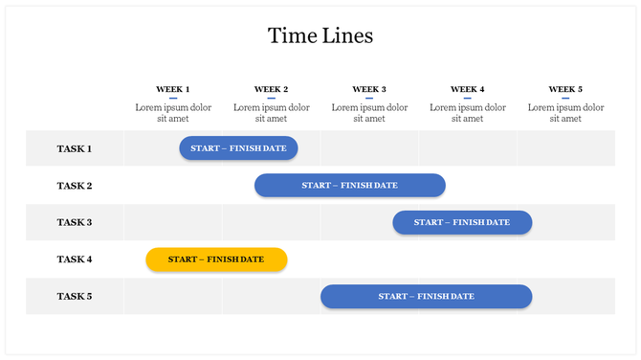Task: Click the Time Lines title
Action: point(320,36)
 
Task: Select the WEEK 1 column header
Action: point(173,89)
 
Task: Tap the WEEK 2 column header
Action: point(271,89)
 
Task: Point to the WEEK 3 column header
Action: point(369,89)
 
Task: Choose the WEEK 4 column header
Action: point(468,89)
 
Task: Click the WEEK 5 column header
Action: point(565,89)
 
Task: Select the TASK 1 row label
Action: point(75,148)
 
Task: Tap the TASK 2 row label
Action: point(75,186)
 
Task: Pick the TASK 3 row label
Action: point(75,222)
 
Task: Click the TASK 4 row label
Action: point(75,259)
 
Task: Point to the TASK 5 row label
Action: point(75,296)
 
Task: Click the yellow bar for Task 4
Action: point(216,259)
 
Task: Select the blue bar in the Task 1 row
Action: point(239,148)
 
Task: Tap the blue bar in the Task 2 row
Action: point(350,186)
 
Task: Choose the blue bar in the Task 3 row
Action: point(462,222)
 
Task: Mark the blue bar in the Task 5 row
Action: point(426,297)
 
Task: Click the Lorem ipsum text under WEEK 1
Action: point(173,113)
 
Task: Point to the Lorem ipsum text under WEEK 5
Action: point(565,113)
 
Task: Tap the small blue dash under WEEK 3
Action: point(369,98)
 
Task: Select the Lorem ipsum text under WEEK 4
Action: point(468,113)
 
